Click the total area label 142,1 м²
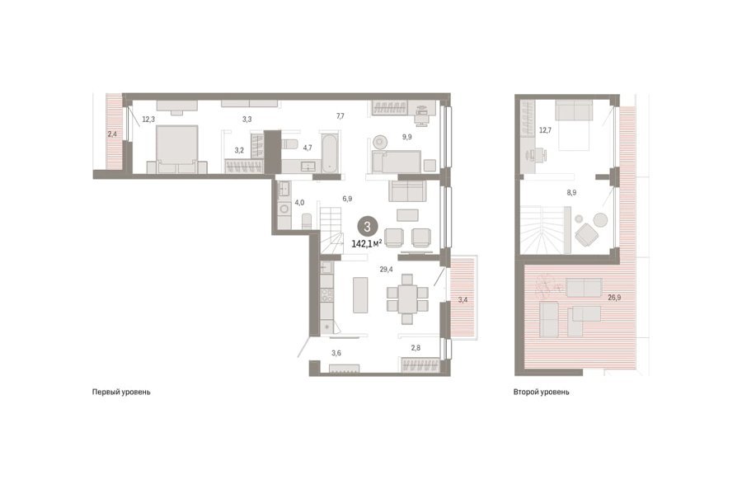(367, 243)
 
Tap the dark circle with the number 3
(367, 226)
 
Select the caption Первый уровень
(121, 392)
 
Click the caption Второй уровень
(542, 392)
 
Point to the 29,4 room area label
(386, 270)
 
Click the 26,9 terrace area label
(614, 298)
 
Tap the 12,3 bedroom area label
(148, 120)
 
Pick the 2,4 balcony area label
(112, 134)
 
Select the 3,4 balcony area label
(463, 299)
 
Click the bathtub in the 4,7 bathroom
(329, 153)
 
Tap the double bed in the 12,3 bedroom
(177, 149)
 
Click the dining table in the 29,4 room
(407, 299)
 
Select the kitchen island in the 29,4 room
(360, 294)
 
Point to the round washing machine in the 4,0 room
(285, 209)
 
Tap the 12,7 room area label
(545, 130)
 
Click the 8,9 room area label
(571, 193)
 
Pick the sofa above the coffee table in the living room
(407, 191)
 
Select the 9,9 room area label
(407, 137)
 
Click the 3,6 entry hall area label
(336, 352)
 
